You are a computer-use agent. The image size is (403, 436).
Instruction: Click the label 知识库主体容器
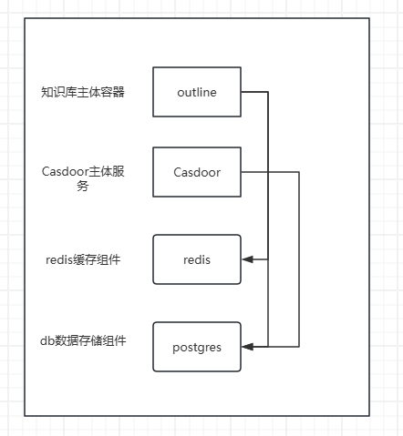click(x=83, y=92)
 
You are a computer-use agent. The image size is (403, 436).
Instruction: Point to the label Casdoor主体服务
click(x=83, y=178)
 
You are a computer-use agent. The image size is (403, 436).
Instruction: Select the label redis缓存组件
click(x=83, y=259)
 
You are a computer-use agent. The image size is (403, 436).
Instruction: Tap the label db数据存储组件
click(x=83, y=340)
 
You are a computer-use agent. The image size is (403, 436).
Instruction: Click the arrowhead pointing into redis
click(x=247, y=259)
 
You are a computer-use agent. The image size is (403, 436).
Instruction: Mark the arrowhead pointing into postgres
click(x=247, y=347)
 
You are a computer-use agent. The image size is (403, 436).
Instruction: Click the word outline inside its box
click(x=197, y=92)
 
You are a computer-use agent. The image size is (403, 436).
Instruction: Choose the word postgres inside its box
click(x=197, y=348)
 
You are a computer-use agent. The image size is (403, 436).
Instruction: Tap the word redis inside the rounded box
click(x=197, y=260)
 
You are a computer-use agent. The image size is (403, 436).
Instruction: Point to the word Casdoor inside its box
click(x=197, y=172)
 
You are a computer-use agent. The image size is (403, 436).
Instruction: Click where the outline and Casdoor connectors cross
click(x=268, y=172)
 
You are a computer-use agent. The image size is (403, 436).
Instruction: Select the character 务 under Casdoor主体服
click(x=83, y=186)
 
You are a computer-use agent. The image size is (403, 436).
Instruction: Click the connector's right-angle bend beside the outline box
click(x=268, y=92)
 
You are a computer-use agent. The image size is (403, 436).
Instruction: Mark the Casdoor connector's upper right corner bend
click(x=299, y=172)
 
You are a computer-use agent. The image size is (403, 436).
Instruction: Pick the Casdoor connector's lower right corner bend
click(x=299, y=347)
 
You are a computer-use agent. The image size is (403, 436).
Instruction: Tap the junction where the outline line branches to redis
click(x=268, y=259)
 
